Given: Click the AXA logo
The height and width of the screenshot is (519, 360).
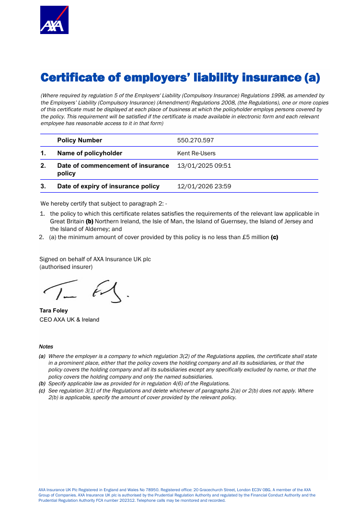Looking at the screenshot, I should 54,20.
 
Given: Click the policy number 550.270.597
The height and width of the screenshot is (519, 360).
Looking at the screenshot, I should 196,140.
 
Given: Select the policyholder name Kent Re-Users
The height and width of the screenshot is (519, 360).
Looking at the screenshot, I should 196,153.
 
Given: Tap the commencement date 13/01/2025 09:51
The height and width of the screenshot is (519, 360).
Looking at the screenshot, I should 204,166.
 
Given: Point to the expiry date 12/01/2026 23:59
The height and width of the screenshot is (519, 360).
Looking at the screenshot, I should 204,186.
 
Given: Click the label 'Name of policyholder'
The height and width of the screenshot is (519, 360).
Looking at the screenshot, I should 90,153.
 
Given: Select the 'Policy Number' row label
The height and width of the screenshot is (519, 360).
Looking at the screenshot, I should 80,140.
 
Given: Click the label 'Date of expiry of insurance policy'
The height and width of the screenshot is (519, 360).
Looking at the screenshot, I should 108,186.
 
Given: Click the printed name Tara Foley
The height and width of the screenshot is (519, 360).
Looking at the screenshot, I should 54,311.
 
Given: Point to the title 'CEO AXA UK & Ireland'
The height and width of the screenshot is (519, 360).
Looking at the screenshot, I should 70,320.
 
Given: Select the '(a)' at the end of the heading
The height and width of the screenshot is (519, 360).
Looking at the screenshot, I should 312,78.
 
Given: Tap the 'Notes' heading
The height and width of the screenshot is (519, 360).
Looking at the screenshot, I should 46,346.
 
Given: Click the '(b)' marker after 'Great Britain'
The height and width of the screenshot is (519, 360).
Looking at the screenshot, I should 90,221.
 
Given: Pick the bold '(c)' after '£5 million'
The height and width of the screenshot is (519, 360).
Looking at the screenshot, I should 275,237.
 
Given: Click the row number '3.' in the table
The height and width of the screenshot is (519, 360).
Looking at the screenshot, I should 43,186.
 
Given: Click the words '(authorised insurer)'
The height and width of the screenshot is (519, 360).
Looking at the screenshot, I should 66,266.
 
